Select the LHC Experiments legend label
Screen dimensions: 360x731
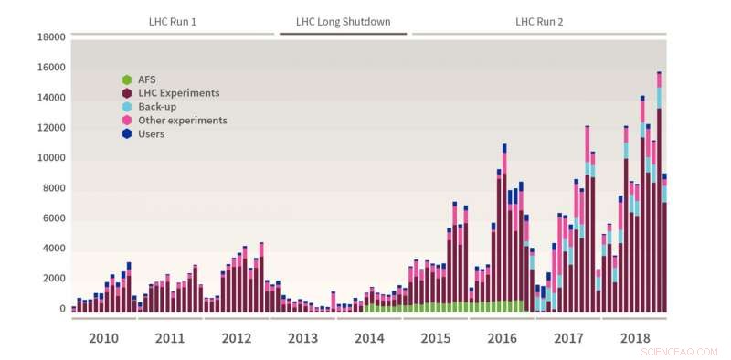[x=179, y=93]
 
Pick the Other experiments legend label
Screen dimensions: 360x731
[x=183, y=121]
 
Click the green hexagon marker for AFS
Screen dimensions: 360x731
[x=128, y=79]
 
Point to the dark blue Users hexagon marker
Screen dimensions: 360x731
[x=128, y=134]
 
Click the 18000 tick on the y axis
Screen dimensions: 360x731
[x=50, y=37]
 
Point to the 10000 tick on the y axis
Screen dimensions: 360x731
[x=50, y=158]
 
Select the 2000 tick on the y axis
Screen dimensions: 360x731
[x=53, y=279]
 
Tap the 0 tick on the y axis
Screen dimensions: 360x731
[x=62, y=309]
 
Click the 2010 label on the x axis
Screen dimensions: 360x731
[x=103, y=339]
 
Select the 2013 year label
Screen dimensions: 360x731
[x=302, y=339]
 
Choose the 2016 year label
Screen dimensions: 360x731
[x=502, y=339]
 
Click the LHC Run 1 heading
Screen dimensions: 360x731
[x=173, y=21]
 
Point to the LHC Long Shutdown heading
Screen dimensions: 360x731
[x=343, y=21]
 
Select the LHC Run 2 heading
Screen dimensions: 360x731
[x=539, y=21]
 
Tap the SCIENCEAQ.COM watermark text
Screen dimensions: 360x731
[x=680, y=351]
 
